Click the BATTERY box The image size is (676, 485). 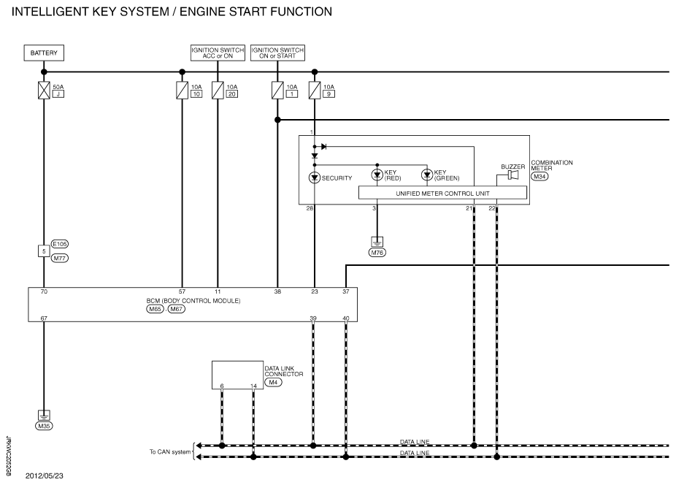[44, 53]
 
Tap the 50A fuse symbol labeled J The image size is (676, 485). [44, 90]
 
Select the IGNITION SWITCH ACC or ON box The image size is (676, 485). [218, 53]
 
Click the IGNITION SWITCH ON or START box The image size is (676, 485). [277, 53]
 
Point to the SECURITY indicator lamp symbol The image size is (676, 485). [315, 177]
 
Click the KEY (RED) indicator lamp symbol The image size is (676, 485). [377, 175]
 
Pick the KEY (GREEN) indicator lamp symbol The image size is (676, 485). [427, 175]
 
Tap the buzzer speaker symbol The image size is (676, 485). [513, 175]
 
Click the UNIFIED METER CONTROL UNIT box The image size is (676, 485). [443, 193]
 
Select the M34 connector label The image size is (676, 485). [539, 176]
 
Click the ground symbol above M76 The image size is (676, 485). [377, 242]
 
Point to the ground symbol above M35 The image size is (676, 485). [44, 415]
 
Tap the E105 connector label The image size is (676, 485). [59, 244]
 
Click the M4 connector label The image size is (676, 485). [273, 382]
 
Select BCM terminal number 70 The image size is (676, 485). [44, 291]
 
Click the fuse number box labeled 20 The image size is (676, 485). [232, 93]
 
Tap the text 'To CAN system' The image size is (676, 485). [170, 452]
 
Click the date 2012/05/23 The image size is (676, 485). [45, 476]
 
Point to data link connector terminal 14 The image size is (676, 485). [253, 386]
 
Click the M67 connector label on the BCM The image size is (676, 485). [177, 309]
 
